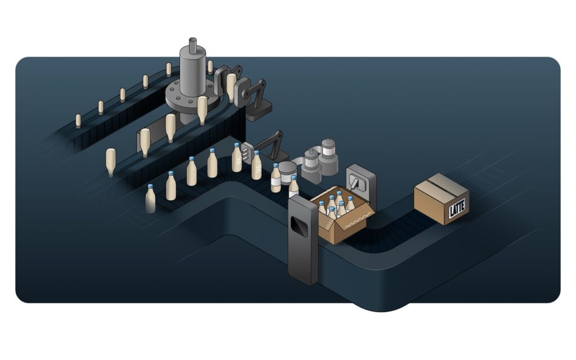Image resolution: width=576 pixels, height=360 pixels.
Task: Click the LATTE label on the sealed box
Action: [457, 209]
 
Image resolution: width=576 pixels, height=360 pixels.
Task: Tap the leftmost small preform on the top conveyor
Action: [78, 121]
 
